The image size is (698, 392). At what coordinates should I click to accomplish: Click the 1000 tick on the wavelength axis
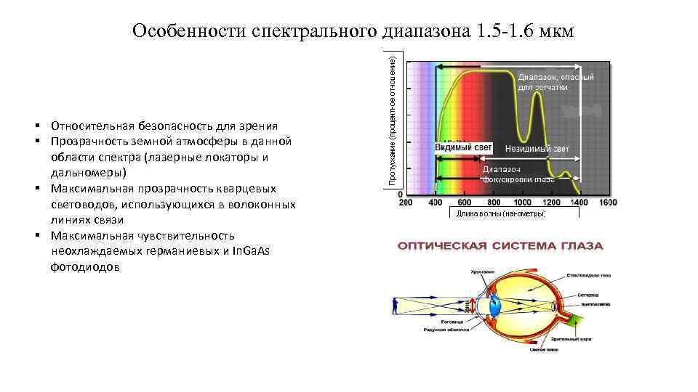coord(521,202)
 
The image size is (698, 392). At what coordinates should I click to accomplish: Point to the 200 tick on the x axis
coord(406,202)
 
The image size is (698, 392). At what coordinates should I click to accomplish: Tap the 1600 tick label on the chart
coord(608,202)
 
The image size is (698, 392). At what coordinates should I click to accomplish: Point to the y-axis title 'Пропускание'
coord(393,120)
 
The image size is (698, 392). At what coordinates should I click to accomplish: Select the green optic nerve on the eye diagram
coord(574,319)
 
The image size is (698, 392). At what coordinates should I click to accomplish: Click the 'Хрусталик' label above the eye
coord(482,271)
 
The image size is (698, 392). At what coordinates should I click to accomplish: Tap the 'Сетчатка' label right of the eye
coord(588,295)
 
